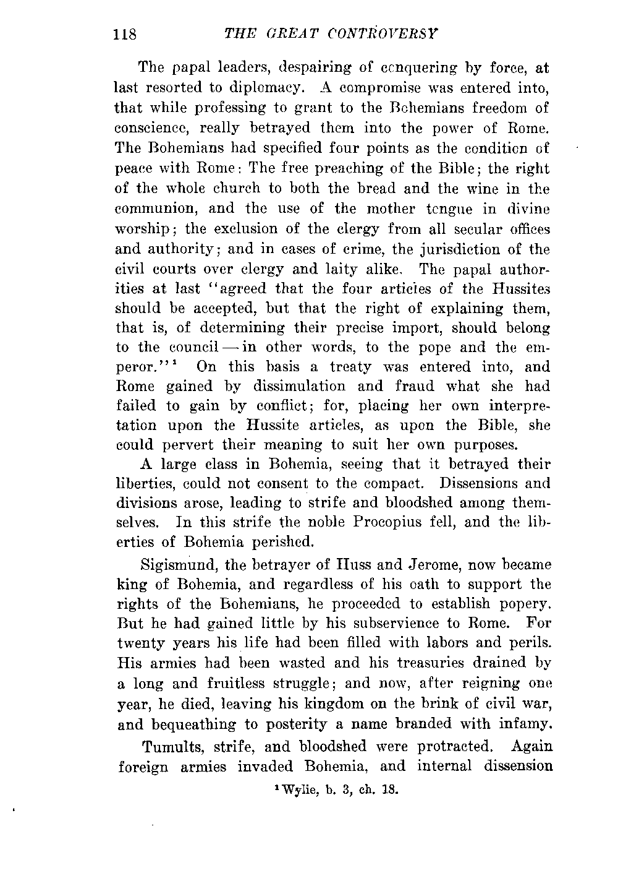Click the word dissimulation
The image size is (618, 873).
[x=298, y=386]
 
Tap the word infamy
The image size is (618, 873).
[x=523, y=723]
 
